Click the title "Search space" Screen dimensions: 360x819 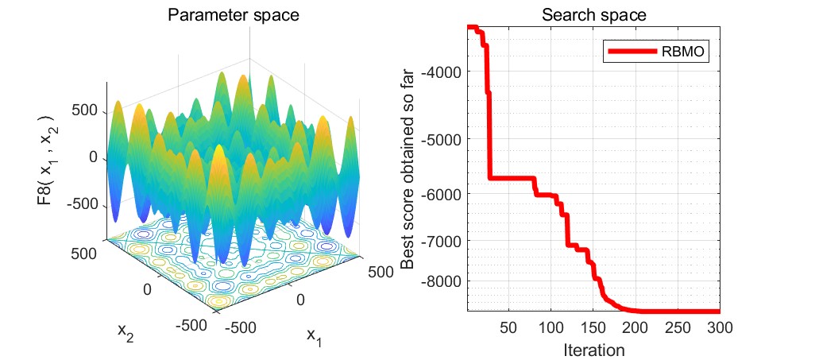(593, 14)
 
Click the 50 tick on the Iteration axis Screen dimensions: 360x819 (509, 327)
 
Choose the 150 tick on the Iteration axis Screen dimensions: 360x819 (593, 327)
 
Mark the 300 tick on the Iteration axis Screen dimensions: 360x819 (718, 327)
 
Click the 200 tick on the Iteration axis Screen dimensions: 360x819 (635, 327)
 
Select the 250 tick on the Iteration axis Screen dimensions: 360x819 (677, 327)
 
